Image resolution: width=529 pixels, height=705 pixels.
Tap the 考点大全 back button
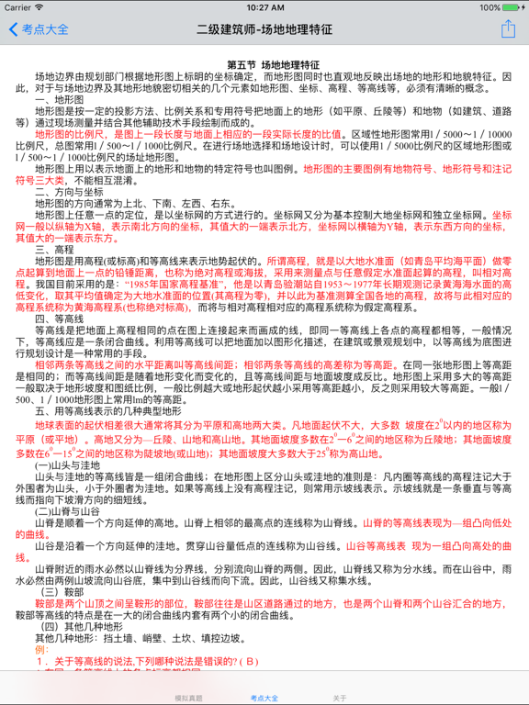tap(39, 29)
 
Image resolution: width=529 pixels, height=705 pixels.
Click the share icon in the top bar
tap(508, 28)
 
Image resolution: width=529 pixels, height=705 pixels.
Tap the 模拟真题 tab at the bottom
tap(189, 698)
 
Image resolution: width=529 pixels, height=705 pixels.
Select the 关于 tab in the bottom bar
tap(340, 698)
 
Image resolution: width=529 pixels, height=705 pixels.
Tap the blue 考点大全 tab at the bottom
tap(264, 698)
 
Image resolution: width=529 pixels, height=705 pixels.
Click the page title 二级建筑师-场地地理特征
tap(264, 29)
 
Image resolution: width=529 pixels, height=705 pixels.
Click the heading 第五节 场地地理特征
tap(274, 65)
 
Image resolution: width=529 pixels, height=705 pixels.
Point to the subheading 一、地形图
tap(60, 98)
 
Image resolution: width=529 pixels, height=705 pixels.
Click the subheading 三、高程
tap(54, 249)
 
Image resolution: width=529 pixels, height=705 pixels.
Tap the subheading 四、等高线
tap(60, 317)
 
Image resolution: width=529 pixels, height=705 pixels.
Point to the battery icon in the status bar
tap(513, 6)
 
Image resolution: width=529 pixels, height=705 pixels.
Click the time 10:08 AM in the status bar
tap(264, 6)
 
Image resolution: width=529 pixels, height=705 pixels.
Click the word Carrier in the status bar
tap(19, 6)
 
